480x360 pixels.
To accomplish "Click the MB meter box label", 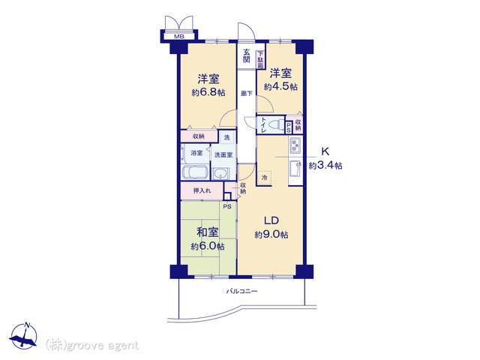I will pos(179,36).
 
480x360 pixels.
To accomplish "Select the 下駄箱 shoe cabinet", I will pos(260,58).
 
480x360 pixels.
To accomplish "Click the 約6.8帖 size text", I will pos(208,92).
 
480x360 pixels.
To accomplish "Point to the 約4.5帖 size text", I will pos(280,87).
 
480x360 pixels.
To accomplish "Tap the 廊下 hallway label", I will pos(246,94).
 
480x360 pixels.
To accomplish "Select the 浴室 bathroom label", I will pos(196,153).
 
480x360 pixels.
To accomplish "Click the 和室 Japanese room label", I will pos(208,232).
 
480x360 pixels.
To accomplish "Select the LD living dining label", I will pos(271,220).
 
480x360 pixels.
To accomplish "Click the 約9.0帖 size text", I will pos(271,235).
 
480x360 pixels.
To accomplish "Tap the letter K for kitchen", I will pos(326,150).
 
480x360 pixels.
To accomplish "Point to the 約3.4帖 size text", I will pos(326,165).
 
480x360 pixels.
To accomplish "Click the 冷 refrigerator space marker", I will pos(264,178).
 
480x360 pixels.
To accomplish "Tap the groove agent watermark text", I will pos(93,345).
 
